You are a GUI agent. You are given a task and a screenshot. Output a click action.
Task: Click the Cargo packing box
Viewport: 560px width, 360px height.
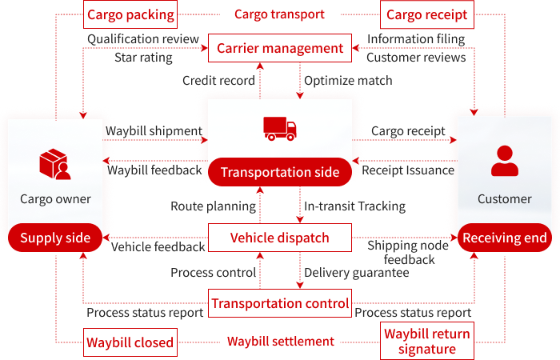(x=130, y=14)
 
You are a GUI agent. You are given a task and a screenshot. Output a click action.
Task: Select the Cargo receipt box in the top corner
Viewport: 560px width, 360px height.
(x=426, y=14)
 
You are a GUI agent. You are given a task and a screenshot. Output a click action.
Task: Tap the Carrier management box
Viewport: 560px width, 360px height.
(x=280, y=49)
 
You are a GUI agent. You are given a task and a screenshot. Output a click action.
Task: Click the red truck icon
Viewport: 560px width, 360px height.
(x=280, y=128)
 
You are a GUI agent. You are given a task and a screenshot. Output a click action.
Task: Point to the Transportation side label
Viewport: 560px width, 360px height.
(x=280, y=172)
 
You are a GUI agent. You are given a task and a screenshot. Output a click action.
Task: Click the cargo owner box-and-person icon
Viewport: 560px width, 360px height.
(x=55, y=164)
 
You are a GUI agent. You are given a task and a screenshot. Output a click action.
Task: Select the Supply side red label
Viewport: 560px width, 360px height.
(x=55, y=238)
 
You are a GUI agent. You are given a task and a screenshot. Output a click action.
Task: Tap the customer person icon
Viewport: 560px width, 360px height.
(x=504, y=161)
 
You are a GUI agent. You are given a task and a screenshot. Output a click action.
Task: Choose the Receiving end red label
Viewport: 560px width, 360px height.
(x=504, y=238)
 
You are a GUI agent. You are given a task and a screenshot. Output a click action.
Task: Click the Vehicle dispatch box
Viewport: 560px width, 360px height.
(x=280, y=238)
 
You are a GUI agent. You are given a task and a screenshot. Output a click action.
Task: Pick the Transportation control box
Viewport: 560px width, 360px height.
(x=280, y=303)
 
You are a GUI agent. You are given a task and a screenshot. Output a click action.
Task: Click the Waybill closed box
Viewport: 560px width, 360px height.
(x=130, y=343)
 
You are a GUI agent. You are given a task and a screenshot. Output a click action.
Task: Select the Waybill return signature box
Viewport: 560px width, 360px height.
(x=426, y=342)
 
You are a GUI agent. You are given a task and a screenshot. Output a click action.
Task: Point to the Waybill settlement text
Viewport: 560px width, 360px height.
(x=280, y=342)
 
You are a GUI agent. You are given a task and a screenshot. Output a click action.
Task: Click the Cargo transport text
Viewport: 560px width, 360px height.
(x=280, y=14)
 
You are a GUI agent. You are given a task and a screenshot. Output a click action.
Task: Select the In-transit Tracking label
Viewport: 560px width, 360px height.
(x=354, y=206)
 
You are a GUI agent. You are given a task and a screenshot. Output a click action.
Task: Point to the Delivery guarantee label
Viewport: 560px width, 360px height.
(x=356, y=273)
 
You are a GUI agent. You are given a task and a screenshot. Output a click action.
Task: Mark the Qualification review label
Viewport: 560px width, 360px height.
(x=145, y=38)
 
